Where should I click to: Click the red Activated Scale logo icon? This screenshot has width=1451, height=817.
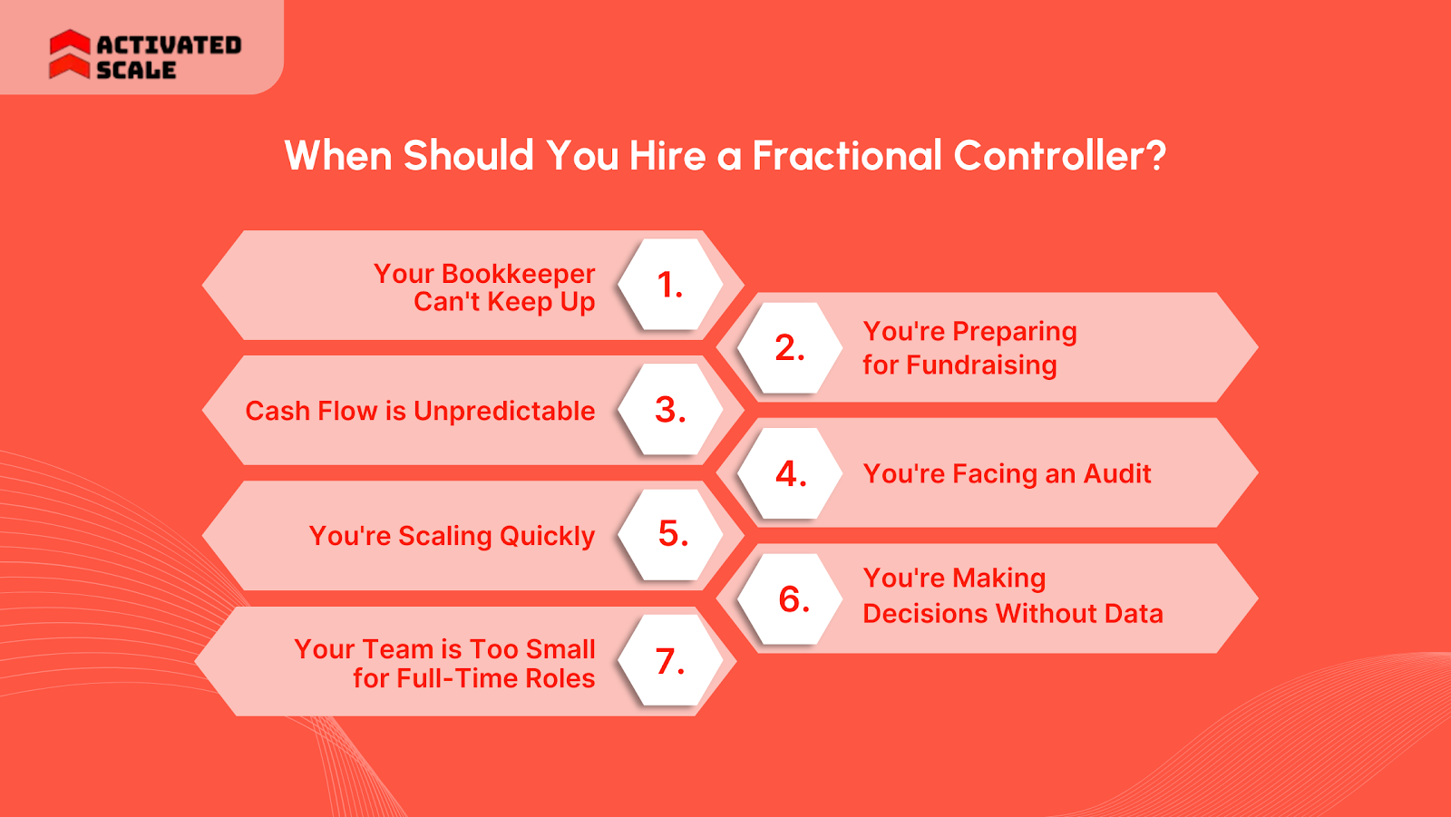(x=69, y=54)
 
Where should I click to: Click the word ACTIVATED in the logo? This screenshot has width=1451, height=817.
(x=169, y=44)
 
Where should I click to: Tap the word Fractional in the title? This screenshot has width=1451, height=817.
(x=847, y=156)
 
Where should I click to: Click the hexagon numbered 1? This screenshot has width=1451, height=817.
(x=670, y=285)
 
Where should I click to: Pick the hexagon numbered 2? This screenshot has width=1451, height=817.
(x=790, y=348)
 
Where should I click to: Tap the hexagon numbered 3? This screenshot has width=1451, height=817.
(x=670, y=410)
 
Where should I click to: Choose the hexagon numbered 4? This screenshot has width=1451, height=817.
(x=790, y=473)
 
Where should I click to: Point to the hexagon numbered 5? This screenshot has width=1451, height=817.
(x=672, y=535)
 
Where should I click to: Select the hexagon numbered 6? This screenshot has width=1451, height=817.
(x=793, y=599)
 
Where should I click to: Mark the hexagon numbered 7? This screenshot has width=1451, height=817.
(x=670, y=661)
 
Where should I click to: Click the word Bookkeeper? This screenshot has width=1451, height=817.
(x=518, y=274)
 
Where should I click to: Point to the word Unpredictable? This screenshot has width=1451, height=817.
(x=504, y=412)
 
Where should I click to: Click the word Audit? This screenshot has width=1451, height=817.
(x=1117, y=473)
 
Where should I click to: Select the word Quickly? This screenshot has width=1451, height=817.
(x=547, y=537)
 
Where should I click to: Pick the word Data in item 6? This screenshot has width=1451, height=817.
(x=1134, y=614)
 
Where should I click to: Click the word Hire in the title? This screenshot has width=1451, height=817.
(x=667, y=156)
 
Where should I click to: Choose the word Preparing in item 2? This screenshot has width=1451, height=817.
(x=1014, y=332)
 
